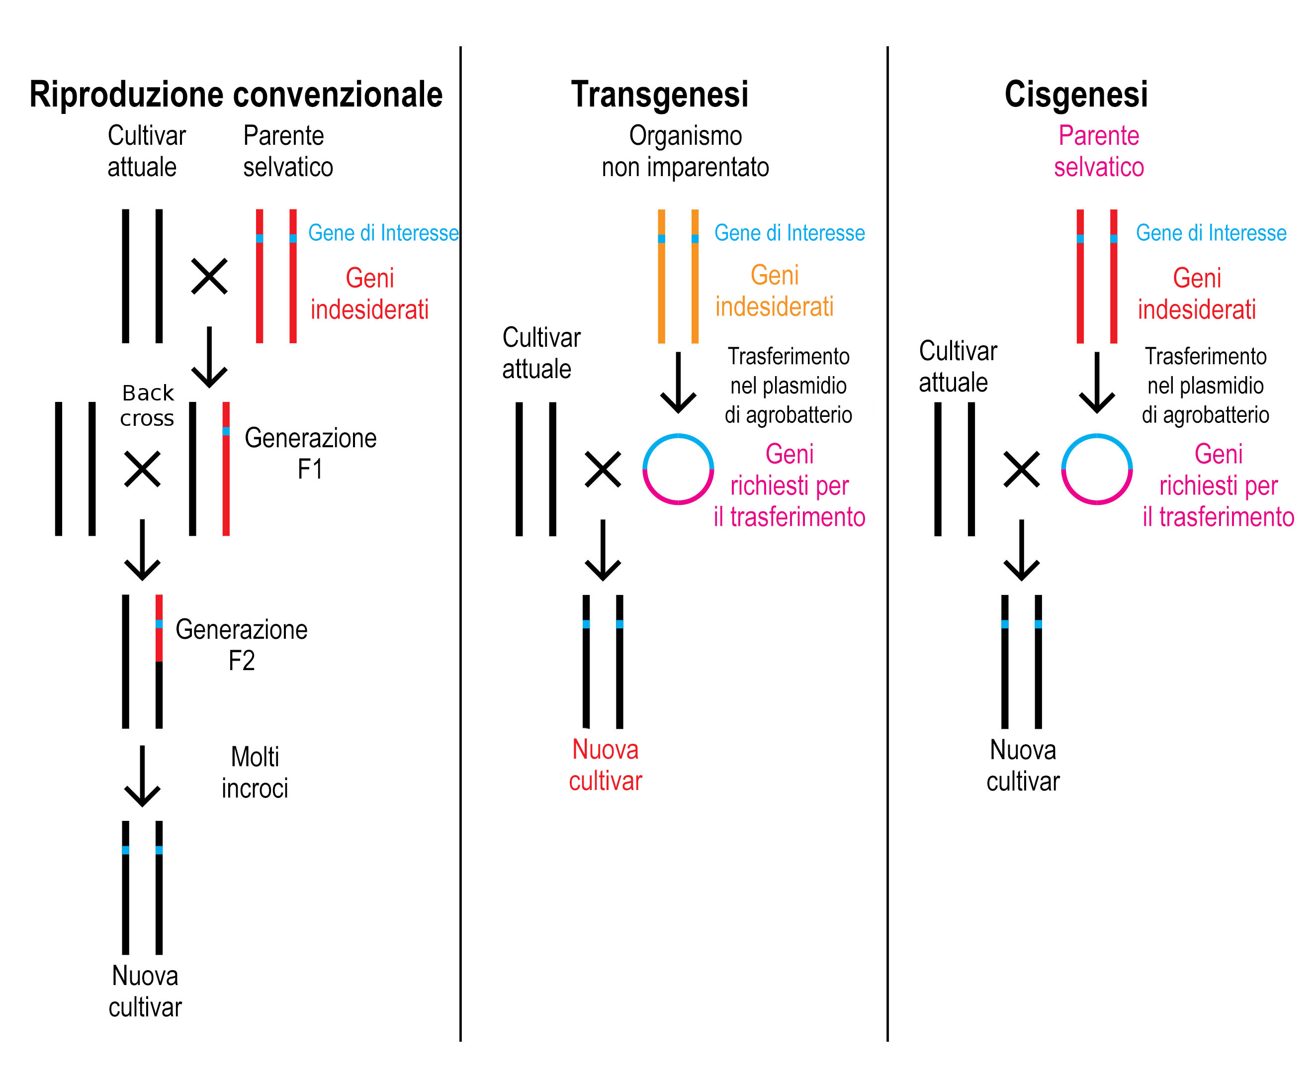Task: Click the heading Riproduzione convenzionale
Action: pyautogui.click(x=236, y=95)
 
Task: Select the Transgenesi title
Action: pyautogui.click(x=659, y=95)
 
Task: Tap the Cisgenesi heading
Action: pyautogui.click(x=1076, y=95)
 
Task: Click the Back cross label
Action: pyautogui.click(x=147, y=405)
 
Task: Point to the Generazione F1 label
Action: pyautogui.click(x=310, y=453)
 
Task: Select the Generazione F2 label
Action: pyautogui.click(x=241, y=645)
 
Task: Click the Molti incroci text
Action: pyautogui.click(x=255, y=773)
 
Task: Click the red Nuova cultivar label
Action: pyautogui.click(x=606, y=765)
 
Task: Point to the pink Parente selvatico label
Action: pyautogui.click(x=1099, y=151)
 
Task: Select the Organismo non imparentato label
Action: pyautogui.click(x=685, y=151)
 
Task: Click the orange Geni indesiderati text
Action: pyautogui.click(x=775, y=291)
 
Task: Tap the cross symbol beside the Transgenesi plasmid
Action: pyautogui.click(x=603, y=469)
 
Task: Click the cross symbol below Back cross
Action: pyautogui.click(x=142, y=469)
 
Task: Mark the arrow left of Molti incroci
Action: pyautogui.click(x=142, y=776)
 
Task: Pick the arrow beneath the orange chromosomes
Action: pyautogui.click(x=678, y=383)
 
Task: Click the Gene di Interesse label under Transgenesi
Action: pyautogui.click(x=790, y=233)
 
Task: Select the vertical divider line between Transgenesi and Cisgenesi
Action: pyautogui.click(x=887, y=544)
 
